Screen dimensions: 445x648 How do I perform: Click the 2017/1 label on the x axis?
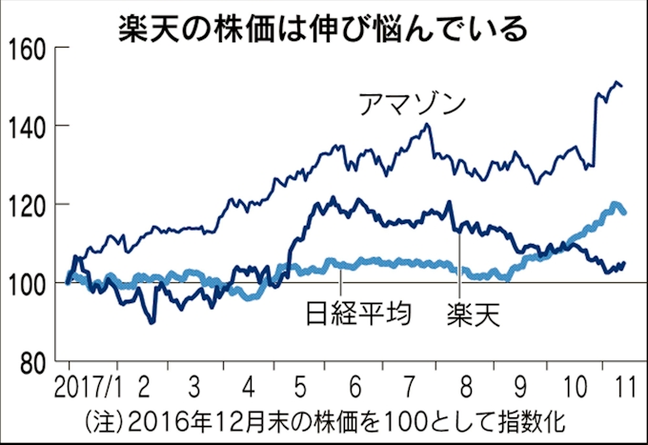(x=87, y=388)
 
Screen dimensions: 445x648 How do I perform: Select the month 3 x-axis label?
(x=193, y=388)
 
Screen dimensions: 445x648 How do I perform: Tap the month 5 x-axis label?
(x=302, y=388)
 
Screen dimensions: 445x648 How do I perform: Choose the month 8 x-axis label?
(x=466, y=388)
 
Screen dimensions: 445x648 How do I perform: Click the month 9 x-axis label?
(x=520, y=388)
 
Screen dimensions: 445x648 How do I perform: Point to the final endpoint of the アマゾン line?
(x=623, y=87)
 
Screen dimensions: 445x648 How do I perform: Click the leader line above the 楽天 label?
(x=460, y=263)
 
